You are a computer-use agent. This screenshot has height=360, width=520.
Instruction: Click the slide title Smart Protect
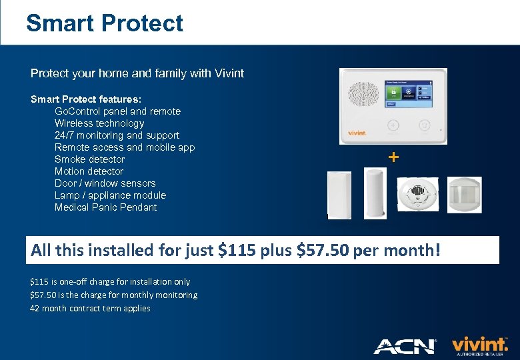(x=105, y=23)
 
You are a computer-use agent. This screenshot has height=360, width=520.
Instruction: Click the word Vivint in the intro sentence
(x=229, y=73)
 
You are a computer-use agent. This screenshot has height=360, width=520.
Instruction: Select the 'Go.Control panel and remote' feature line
(x=117, y=111)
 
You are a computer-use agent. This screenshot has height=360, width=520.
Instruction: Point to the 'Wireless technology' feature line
(x=99, y=123)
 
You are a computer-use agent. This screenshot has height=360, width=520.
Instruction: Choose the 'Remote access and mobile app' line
(x=125, y=147)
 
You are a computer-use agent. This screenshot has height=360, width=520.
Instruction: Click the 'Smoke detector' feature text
(x=89, y=159)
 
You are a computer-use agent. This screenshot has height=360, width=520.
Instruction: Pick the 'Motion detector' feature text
(x=89, y=171)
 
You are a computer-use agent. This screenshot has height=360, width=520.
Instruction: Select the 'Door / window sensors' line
(x=105, y=183)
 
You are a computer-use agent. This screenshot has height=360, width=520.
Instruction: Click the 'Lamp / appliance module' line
(x=110, y=195)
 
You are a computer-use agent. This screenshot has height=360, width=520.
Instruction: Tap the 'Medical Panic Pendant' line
(x=105, y=207)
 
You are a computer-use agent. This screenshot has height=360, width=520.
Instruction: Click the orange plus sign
(x=393, y=157)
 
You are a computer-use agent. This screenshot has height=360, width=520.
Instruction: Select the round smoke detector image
(x=417, y=195)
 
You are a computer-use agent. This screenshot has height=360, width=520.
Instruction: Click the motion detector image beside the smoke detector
(x=464, y=195)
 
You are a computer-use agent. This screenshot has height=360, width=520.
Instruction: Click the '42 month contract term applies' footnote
(x=90, y=309)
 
